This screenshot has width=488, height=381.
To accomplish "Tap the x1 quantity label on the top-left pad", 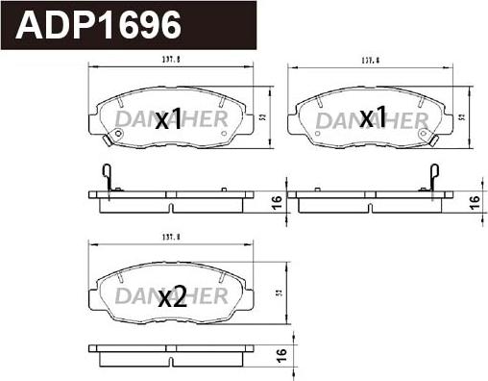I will (x=168, y=119).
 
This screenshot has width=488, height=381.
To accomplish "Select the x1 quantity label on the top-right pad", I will (x=372, y=117).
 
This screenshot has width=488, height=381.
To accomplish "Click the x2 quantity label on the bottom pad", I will (x=171, y=297).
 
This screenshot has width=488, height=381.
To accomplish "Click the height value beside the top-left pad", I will (x=262, y=117).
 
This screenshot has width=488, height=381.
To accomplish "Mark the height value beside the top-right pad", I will (x=463, y=117).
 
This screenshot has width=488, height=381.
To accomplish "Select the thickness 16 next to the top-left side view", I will (x=277, y=201).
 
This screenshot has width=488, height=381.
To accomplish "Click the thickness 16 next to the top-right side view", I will (x=473, y=201).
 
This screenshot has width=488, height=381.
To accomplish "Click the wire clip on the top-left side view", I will (x=108, y=178).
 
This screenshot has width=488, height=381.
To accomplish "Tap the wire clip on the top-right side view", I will (x=433, y=178).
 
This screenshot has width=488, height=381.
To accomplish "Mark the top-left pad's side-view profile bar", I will (x=171, y=199).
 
